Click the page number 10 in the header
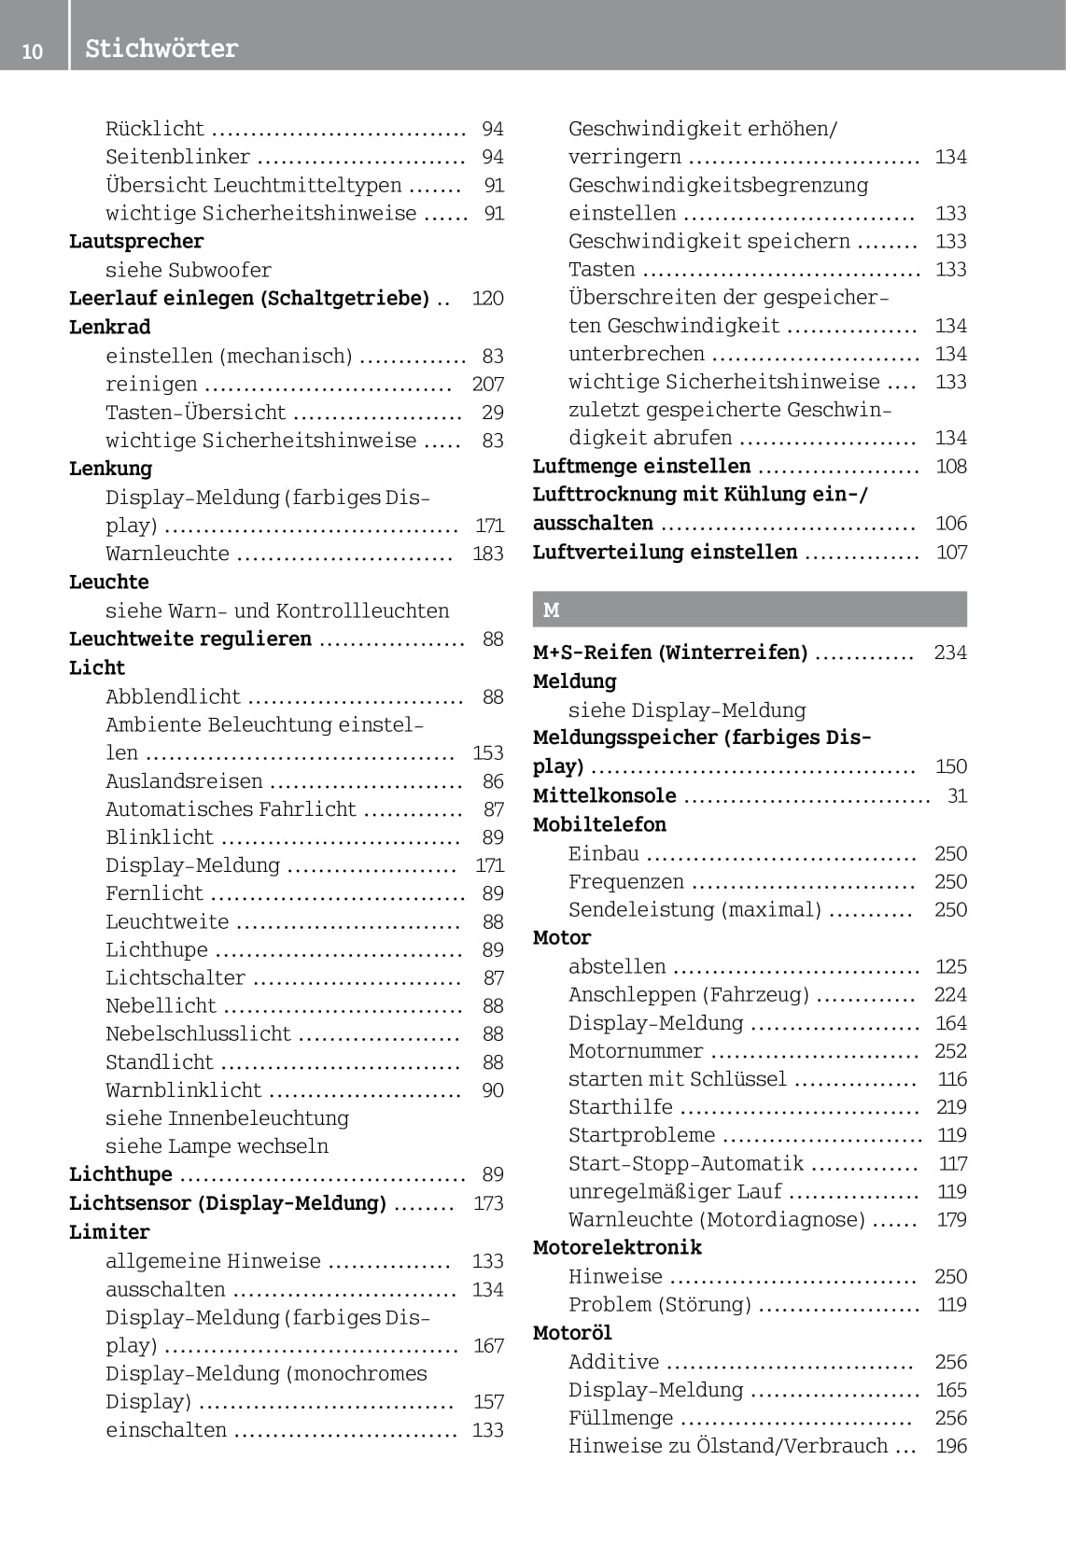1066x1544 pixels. [32, 51]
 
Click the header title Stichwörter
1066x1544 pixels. [161, 49]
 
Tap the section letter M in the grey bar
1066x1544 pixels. [552, 610]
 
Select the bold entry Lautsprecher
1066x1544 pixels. [136, 241]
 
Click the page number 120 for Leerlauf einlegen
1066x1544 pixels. [487, 298]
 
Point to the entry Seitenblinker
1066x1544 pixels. [177, 157]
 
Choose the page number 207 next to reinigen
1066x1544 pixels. [487, 384]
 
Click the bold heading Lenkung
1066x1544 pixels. [110, 469]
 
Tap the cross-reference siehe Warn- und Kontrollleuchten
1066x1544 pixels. [277, 611]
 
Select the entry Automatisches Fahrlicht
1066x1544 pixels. [231, 809]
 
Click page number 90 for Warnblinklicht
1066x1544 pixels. [492, 1090]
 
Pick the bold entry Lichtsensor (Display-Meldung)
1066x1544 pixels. [228, 1203]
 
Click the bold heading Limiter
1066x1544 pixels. [109, 1232]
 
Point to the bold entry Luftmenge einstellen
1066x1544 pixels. [641, 466]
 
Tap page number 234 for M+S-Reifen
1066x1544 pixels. [950, 653]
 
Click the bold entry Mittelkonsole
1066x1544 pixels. [604, 795]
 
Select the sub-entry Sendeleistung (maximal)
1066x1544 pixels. [694, 909]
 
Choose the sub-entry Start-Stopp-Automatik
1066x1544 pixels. [686, 1163]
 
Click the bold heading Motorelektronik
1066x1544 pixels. [617, 1247]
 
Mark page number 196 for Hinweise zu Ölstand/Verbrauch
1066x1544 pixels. [950, 1446]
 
